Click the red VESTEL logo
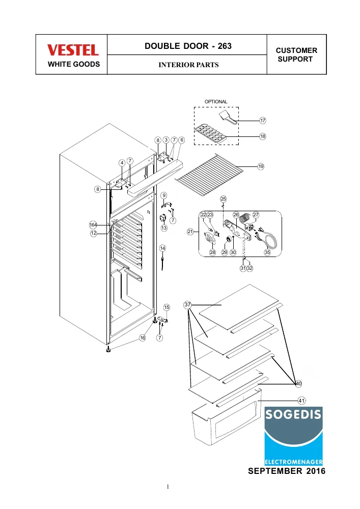pos(73,50)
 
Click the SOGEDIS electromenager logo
pos(293,436)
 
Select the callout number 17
pos(263,121)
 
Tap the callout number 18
pos(263,136)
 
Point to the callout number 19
pos(261,166)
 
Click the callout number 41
pos(301,401)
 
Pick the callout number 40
pos(298,384)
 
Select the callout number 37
pos(187,304)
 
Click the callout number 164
pos(93,225)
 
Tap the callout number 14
pos(162,248)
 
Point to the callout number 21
pos(190,232)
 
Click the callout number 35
pos(267,252)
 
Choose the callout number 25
pos(224,199)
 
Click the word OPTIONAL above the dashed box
pos(216,102)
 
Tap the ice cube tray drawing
pos(210,133)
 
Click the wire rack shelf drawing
pos(209,175)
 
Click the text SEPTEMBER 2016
pos(287,471)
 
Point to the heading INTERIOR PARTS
pos(188,65)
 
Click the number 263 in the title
pos(225,46)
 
